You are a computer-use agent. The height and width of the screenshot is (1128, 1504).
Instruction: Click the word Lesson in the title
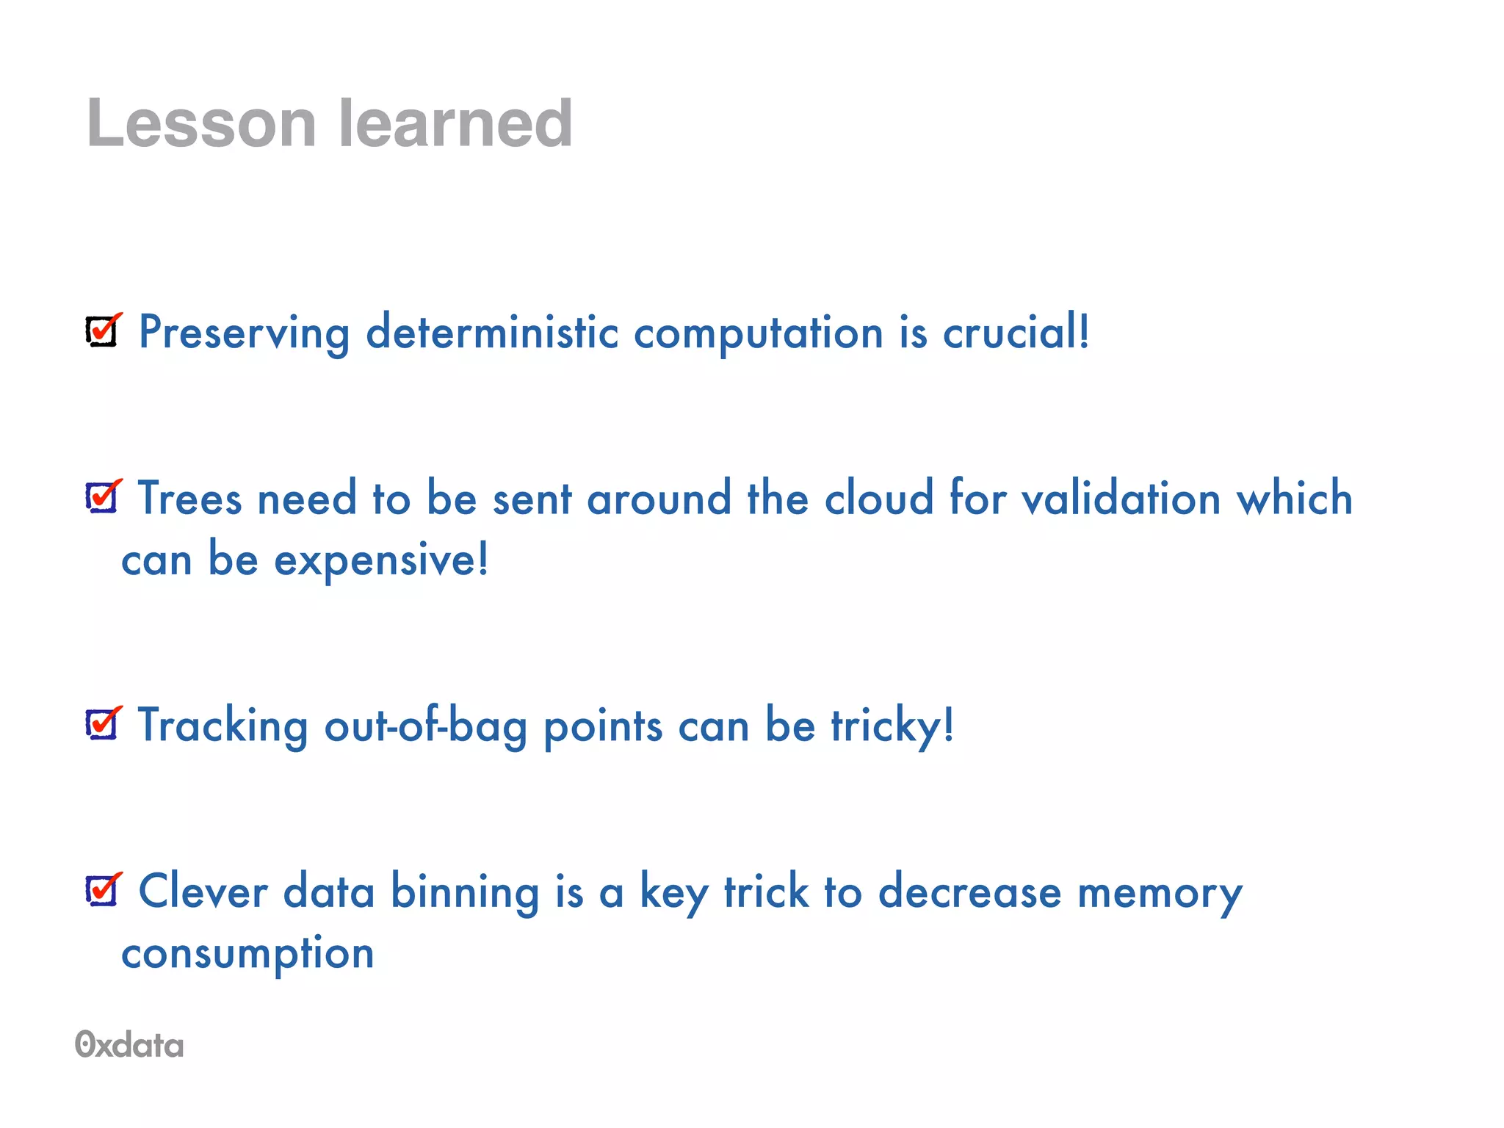[201, 123]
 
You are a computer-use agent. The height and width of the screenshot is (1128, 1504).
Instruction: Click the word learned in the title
[455, 123]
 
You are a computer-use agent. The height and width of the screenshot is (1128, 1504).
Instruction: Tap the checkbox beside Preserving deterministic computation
[102, 331]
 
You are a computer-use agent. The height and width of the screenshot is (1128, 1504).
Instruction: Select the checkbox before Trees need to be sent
[102, 497]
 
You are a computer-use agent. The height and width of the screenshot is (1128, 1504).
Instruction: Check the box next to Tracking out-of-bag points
[102, 724]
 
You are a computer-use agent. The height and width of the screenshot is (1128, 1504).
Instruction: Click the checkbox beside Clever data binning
[102, 890]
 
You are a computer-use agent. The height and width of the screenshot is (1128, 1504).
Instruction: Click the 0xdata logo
[129, 1045]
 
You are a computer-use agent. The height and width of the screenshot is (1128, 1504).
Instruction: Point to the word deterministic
[492, 332]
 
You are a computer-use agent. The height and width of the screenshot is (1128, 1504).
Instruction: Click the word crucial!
[1016, 332]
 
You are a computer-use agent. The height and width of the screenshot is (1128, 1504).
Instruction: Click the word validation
[1121, 498]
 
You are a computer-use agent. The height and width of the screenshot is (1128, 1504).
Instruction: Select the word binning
[464, 893]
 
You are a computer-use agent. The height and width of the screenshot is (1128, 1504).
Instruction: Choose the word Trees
[189, 498]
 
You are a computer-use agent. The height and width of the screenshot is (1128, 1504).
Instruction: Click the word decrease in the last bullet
[969, 893]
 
